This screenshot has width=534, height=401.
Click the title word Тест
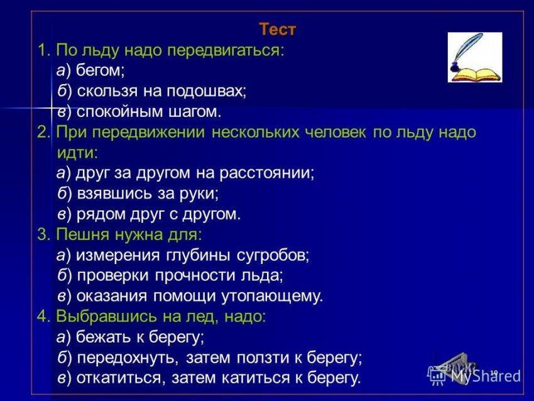click(278, 30)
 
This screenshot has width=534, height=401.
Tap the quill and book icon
click(475, 57)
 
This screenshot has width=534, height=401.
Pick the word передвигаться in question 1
click(224, 50)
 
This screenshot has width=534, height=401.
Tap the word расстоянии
click(264, 173)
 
